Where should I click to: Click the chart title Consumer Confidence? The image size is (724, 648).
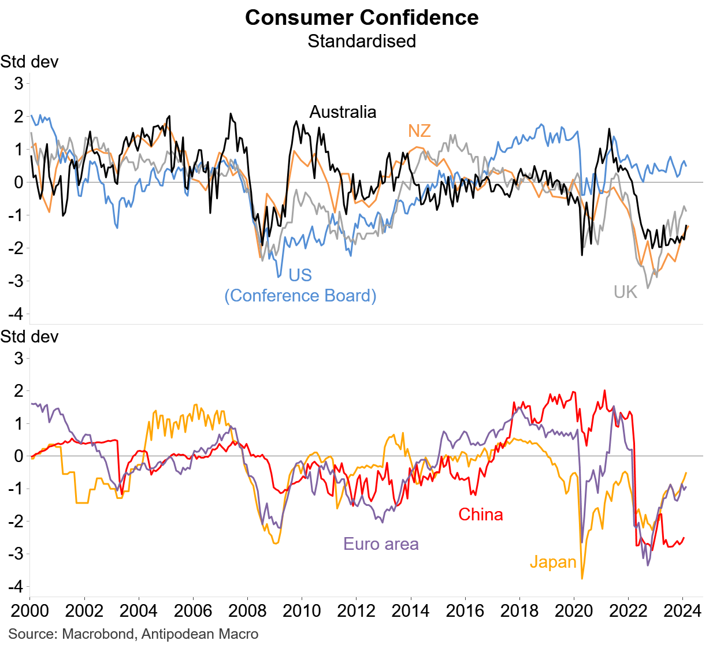click(x=362, y=17)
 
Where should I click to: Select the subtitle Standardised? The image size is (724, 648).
click(x=362, y=42)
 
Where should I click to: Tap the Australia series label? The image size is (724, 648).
click(x=343, y=112)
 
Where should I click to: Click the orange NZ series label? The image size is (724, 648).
click(x=419, y=131)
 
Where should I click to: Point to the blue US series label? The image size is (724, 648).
click(x=300, y=275)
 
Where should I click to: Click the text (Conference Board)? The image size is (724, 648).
click(x=300, y=296)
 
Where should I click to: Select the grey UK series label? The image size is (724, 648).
click(x=625, y=292)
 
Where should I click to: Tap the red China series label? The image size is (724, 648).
click(x=480, y=515)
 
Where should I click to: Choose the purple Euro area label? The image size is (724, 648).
click(x=381, y=544)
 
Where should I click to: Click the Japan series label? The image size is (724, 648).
click(x=553, y=562)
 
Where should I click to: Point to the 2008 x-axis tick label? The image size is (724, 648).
click(x=247, y=611)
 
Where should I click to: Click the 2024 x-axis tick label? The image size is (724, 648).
click(x=682, y=611)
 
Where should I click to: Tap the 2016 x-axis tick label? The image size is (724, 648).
click(x=465, y=611)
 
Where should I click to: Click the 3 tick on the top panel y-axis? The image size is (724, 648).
click(x=19, y=83)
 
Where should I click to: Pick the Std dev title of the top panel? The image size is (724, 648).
click(x=29, y=62)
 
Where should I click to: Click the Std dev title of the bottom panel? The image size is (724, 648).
click(x=29, y=337)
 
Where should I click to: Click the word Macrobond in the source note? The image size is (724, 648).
click(x=97, y=634)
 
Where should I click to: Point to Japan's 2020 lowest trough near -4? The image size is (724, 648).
click(x=581, y=578)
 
